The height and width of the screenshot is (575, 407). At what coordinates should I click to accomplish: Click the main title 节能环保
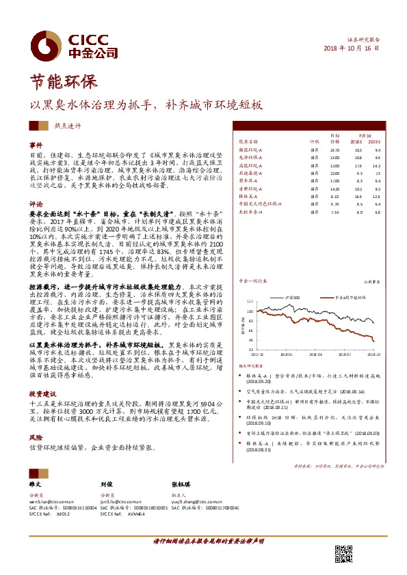pos(57,83)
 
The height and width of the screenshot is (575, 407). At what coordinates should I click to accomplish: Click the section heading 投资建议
pos(40,394)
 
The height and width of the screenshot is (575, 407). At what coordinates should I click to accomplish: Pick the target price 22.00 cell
pos(334,172)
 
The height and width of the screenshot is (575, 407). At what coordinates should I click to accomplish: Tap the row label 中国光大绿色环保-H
pos(260,204)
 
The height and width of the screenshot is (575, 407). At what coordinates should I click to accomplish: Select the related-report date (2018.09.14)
pos(330,391)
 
